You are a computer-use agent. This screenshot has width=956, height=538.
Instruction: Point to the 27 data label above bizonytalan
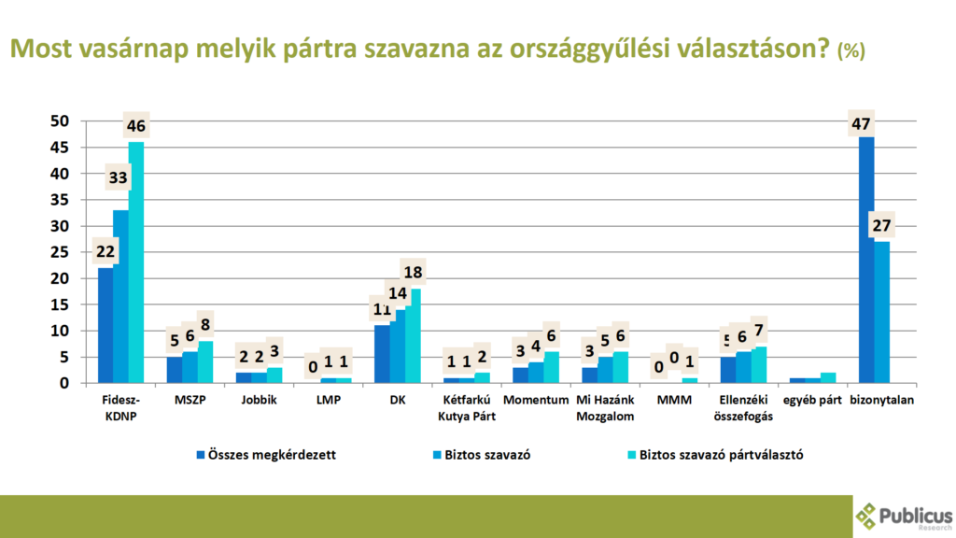click(881, 226)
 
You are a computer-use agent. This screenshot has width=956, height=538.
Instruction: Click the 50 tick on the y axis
click(60, 121)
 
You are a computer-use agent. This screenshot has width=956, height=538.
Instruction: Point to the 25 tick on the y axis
click(60, 252)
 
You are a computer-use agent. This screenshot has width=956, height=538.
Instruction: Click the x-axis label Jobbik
click(259, 400)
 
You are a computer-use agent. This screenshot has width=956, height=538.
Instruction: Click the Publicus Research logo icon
click(867, 515)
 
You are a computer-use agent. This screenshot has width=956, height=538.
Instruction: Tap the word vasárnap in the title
click(140, 49)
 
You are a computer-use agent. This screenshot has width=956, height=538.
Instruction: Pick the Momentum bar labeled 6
click(551, 367)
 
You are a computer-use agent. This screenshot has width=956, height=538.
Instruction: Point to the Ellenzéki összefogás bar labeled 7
click(758, 365)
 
